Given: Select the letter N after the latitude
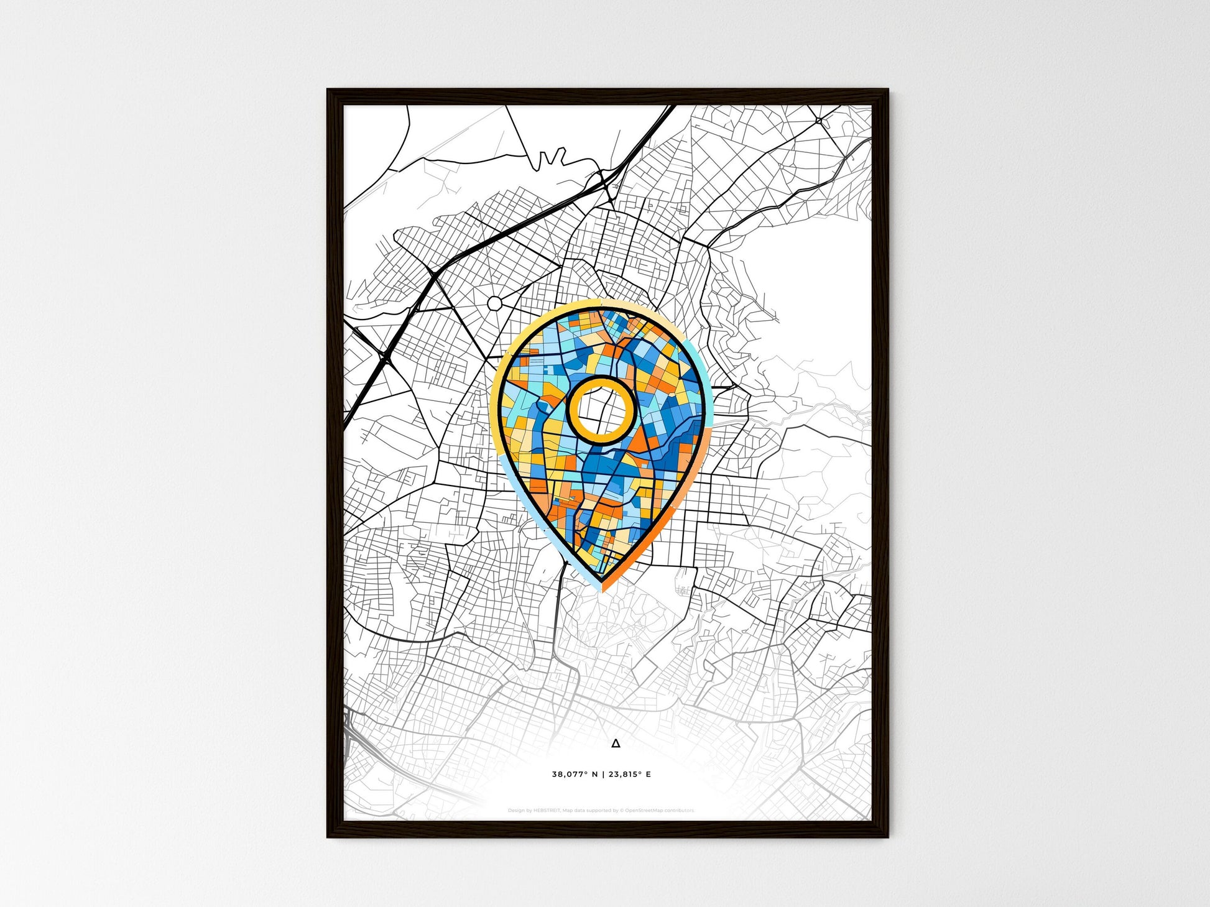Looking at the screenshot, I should point(595,775).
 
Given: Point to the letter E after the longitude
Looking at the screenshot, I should point(649,775).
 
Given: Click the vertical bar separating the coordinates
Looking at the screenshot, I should point(603,775).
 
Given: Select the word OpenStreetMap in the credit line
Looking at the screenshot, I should point(647,811).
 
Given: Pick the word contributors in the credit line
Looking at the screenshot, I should point(681,811).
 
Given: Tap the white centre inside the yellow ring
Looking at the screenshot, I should point(601,410).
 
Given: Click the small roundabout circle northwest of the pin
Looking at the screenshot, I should point(495,303).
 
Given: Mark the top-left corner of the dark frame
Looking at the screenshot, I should point(328,90).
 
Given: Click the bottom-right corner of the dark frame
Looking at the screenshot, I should point(887,836).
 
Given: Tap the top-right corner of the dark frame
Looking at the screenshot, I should point(887,90).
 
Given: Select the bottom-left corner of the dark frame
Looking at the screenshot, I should point(328,836).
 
